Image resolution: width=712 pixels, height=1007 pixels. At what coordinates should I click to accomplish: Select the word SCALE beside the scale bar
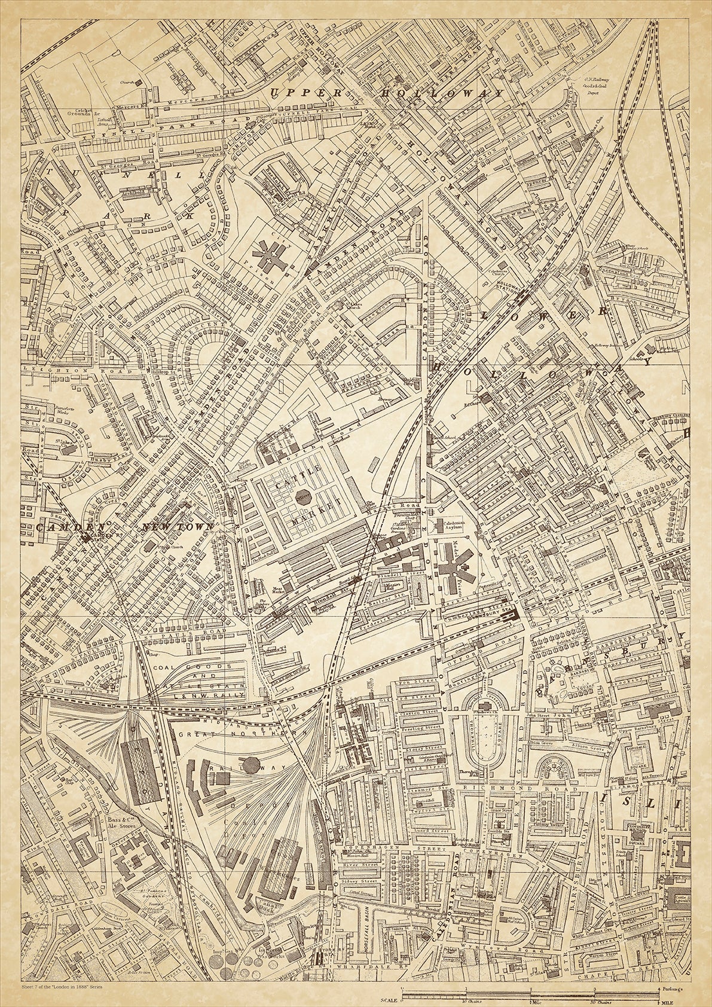[389, 1000]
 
